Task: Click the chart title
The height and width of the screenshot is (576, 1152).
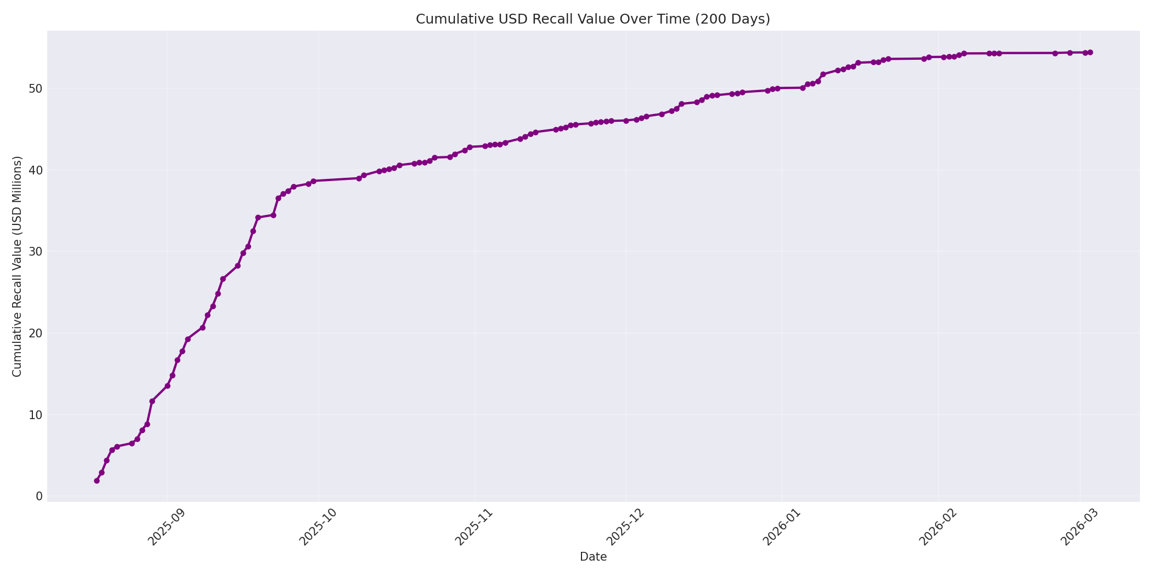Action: click(592, 19)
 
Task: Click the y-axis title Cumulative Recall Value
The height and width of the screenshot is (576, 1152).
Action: click(18, 267)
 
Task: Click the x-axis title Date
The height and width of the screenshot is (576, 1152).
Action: click(593, 557)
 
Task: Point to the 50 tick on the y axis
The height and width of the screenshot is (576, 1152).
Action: click(35, 89)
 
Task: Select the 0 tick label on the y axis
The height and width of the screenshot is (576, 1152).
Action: click(38, 496)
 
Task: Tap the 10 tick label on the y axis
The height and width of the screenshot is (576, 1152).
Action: click(35, 415)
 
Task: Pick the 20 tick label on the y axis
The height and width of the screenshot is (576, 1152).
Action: click(35, 334)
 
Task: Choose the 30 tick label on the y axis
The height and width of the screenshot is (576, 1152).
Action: click(35, 252)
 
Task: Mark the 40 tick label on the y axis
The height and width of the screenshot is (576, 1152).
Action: click(35, 171)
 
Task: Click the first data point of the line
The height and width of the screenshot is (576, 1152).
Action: click(97, 481)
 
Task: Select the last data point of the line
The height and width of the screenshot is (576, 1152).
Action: click(1090, 53)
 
